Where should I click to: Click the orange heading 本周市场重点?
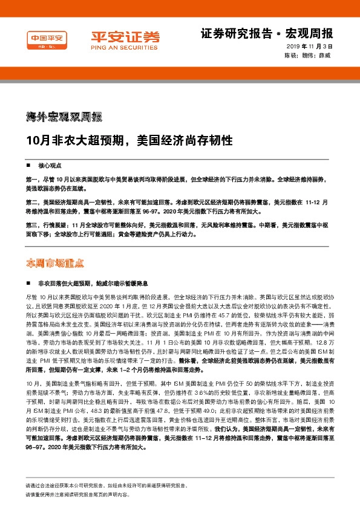[55, 263]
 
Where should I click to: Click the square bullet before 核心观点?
[28, 165]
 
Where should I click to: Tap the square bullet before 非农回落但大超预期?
[28, 283]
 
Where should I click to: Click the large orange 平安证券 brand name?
[126, 36]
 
